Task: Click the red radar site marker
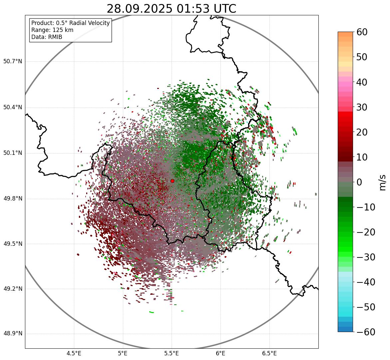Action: [x=172, y=181]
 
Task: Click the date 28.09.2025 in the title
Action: [x=140, y=9]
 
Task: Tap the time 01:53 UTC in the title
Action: [x=206, y=9]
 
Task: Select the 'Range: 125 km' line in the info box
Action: [x=52, y=30]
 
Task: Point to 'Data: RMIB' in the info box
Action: [x=47, y=37]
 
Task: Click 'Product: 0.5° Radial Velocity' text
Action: [x=70, y=23]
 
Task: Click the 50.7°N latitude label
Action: [x=13, y=62]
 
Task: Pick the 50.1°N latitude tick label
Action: [x=13, y=153]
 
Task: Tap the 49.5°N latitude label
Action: [x=13, y=244]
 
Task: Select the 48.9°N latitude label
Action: [x=13, y=334]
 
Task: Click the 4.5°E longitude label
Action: [x=74, y=353]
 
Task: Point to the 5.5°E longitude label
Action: [x=172, y=353]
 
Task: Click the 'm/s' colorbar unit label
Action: [x=383, y=182]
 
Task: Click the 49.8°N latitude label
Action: [x=13, y=199]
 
